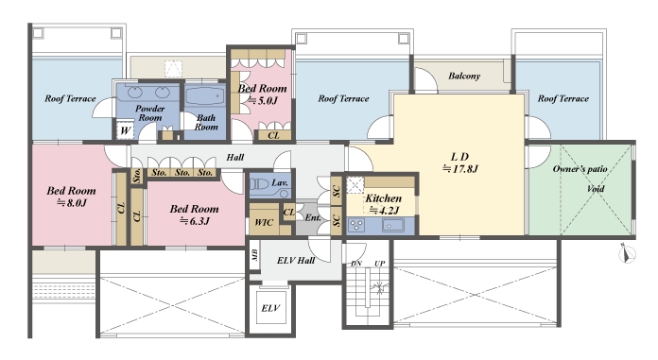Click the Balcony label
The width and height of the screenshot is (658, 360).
tap(464, 76)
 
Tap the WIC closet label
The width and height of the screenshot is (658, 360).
tap(264, 222)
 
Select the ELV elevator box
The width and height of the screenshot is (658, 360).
tap(270, 308)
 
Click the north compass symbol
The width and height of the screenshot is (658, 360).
tap(627, 253)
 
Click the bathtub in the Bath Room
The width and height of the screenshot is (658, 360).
tap(205, 95)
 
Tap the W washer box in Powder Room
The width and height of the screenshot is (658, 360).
tap(125, 130)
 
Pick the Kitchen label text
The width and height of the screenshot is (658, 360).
tap(383, 198)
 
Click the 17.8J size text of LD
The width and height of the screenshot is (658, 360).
tap(460, 169)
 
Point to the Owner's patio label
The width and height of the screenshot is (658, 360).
tap(580, 169)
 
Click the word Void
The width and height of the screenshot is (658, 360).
tap(596, 188)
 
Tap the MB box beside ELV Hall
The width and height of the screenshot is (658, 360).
tap(254, 255)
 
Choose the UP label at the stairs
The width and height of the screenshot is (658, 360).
tap(379, 264)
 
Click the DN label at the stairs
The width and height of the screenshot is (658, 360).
tap(356, 264)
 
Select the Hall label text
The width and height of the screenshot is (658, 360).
tap(235, 158)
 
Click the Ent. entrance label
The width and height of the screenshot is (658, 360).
tap(313, 217)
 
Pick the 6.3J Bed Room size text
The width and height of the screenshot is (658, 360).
tap(195, 221)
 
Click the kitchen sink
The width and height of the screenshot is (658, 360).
tap(392, 225)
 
